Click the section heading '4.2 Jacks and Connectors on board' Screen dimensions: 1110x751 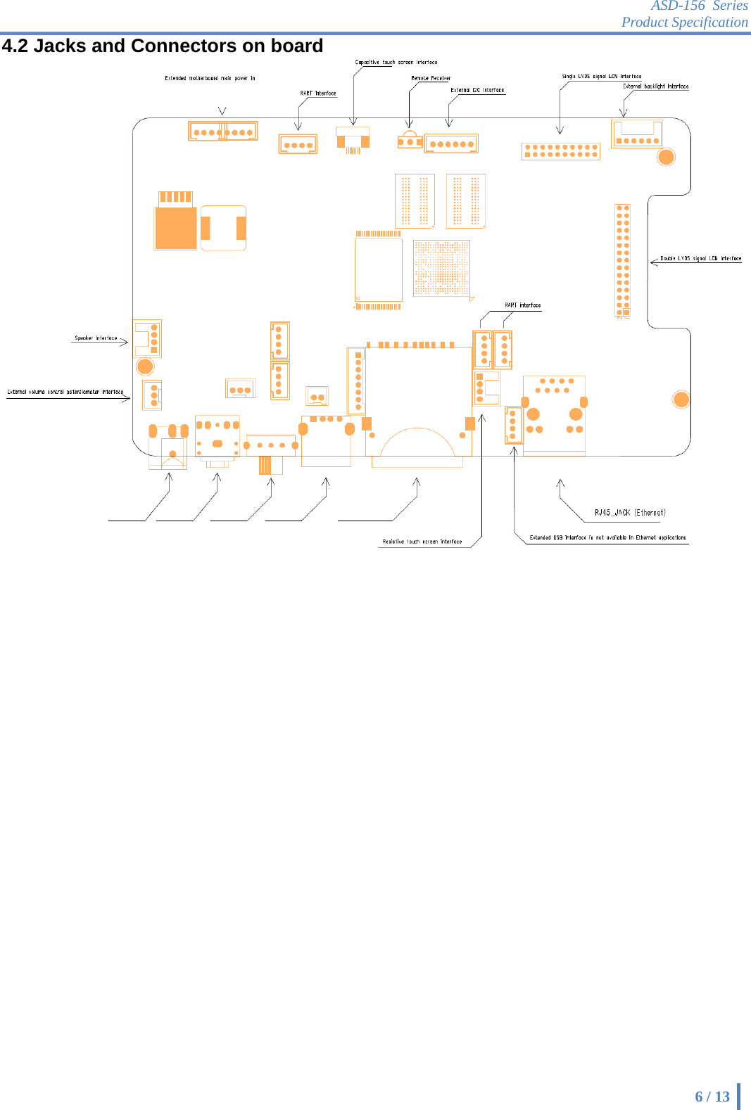click(x=163, y=46)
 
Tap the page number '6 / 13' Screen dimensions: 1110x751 click(x=712, y=1096)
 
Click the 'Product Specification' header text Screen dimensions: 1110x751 click(x=684, y=22)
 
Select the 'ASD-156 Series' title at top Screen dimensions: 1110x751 click(x=699, y=6)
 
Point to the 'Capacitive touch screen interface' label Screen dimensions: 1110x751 click(x=396, y=63)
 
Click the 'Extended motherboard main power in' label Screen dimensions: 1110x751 click(x=210, y=78)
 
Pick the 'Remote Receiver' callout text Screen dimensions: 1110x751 click(x=431, y=78)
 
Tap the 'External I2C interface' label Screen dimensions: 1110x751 click(x=477, y=90)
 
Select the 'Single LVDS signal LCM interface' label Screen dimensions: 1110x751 click(x=602, y=76)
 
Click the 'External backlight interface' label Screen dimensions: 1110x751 click(x=655, y=86)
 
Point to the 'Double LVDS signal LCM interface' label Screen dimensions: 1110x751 click(x=700, y=258)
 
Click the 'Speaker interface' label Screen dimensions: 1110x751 click(x=96, y=338)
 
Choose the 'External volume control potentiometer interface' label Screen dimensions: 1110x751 click(x=65, y=392)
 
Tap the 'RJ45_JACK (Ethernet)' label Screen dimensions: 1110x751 click(x=630, y=513)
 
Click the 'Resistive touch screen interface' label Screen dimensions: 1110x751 click(x=422, y=542)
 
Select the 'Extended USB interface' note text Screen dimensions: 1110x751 click(x=607, y=537)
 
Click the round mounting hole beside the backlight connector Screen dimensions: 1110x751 click(x=666, y=157)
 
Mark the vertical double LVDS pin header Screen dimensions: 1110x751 click(x=623, y=261)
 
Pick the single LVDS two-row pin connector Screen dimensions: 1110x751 click(x=561, y=151)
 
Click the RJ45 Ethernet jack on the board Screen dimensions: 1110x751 click(x=554, y=416)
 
